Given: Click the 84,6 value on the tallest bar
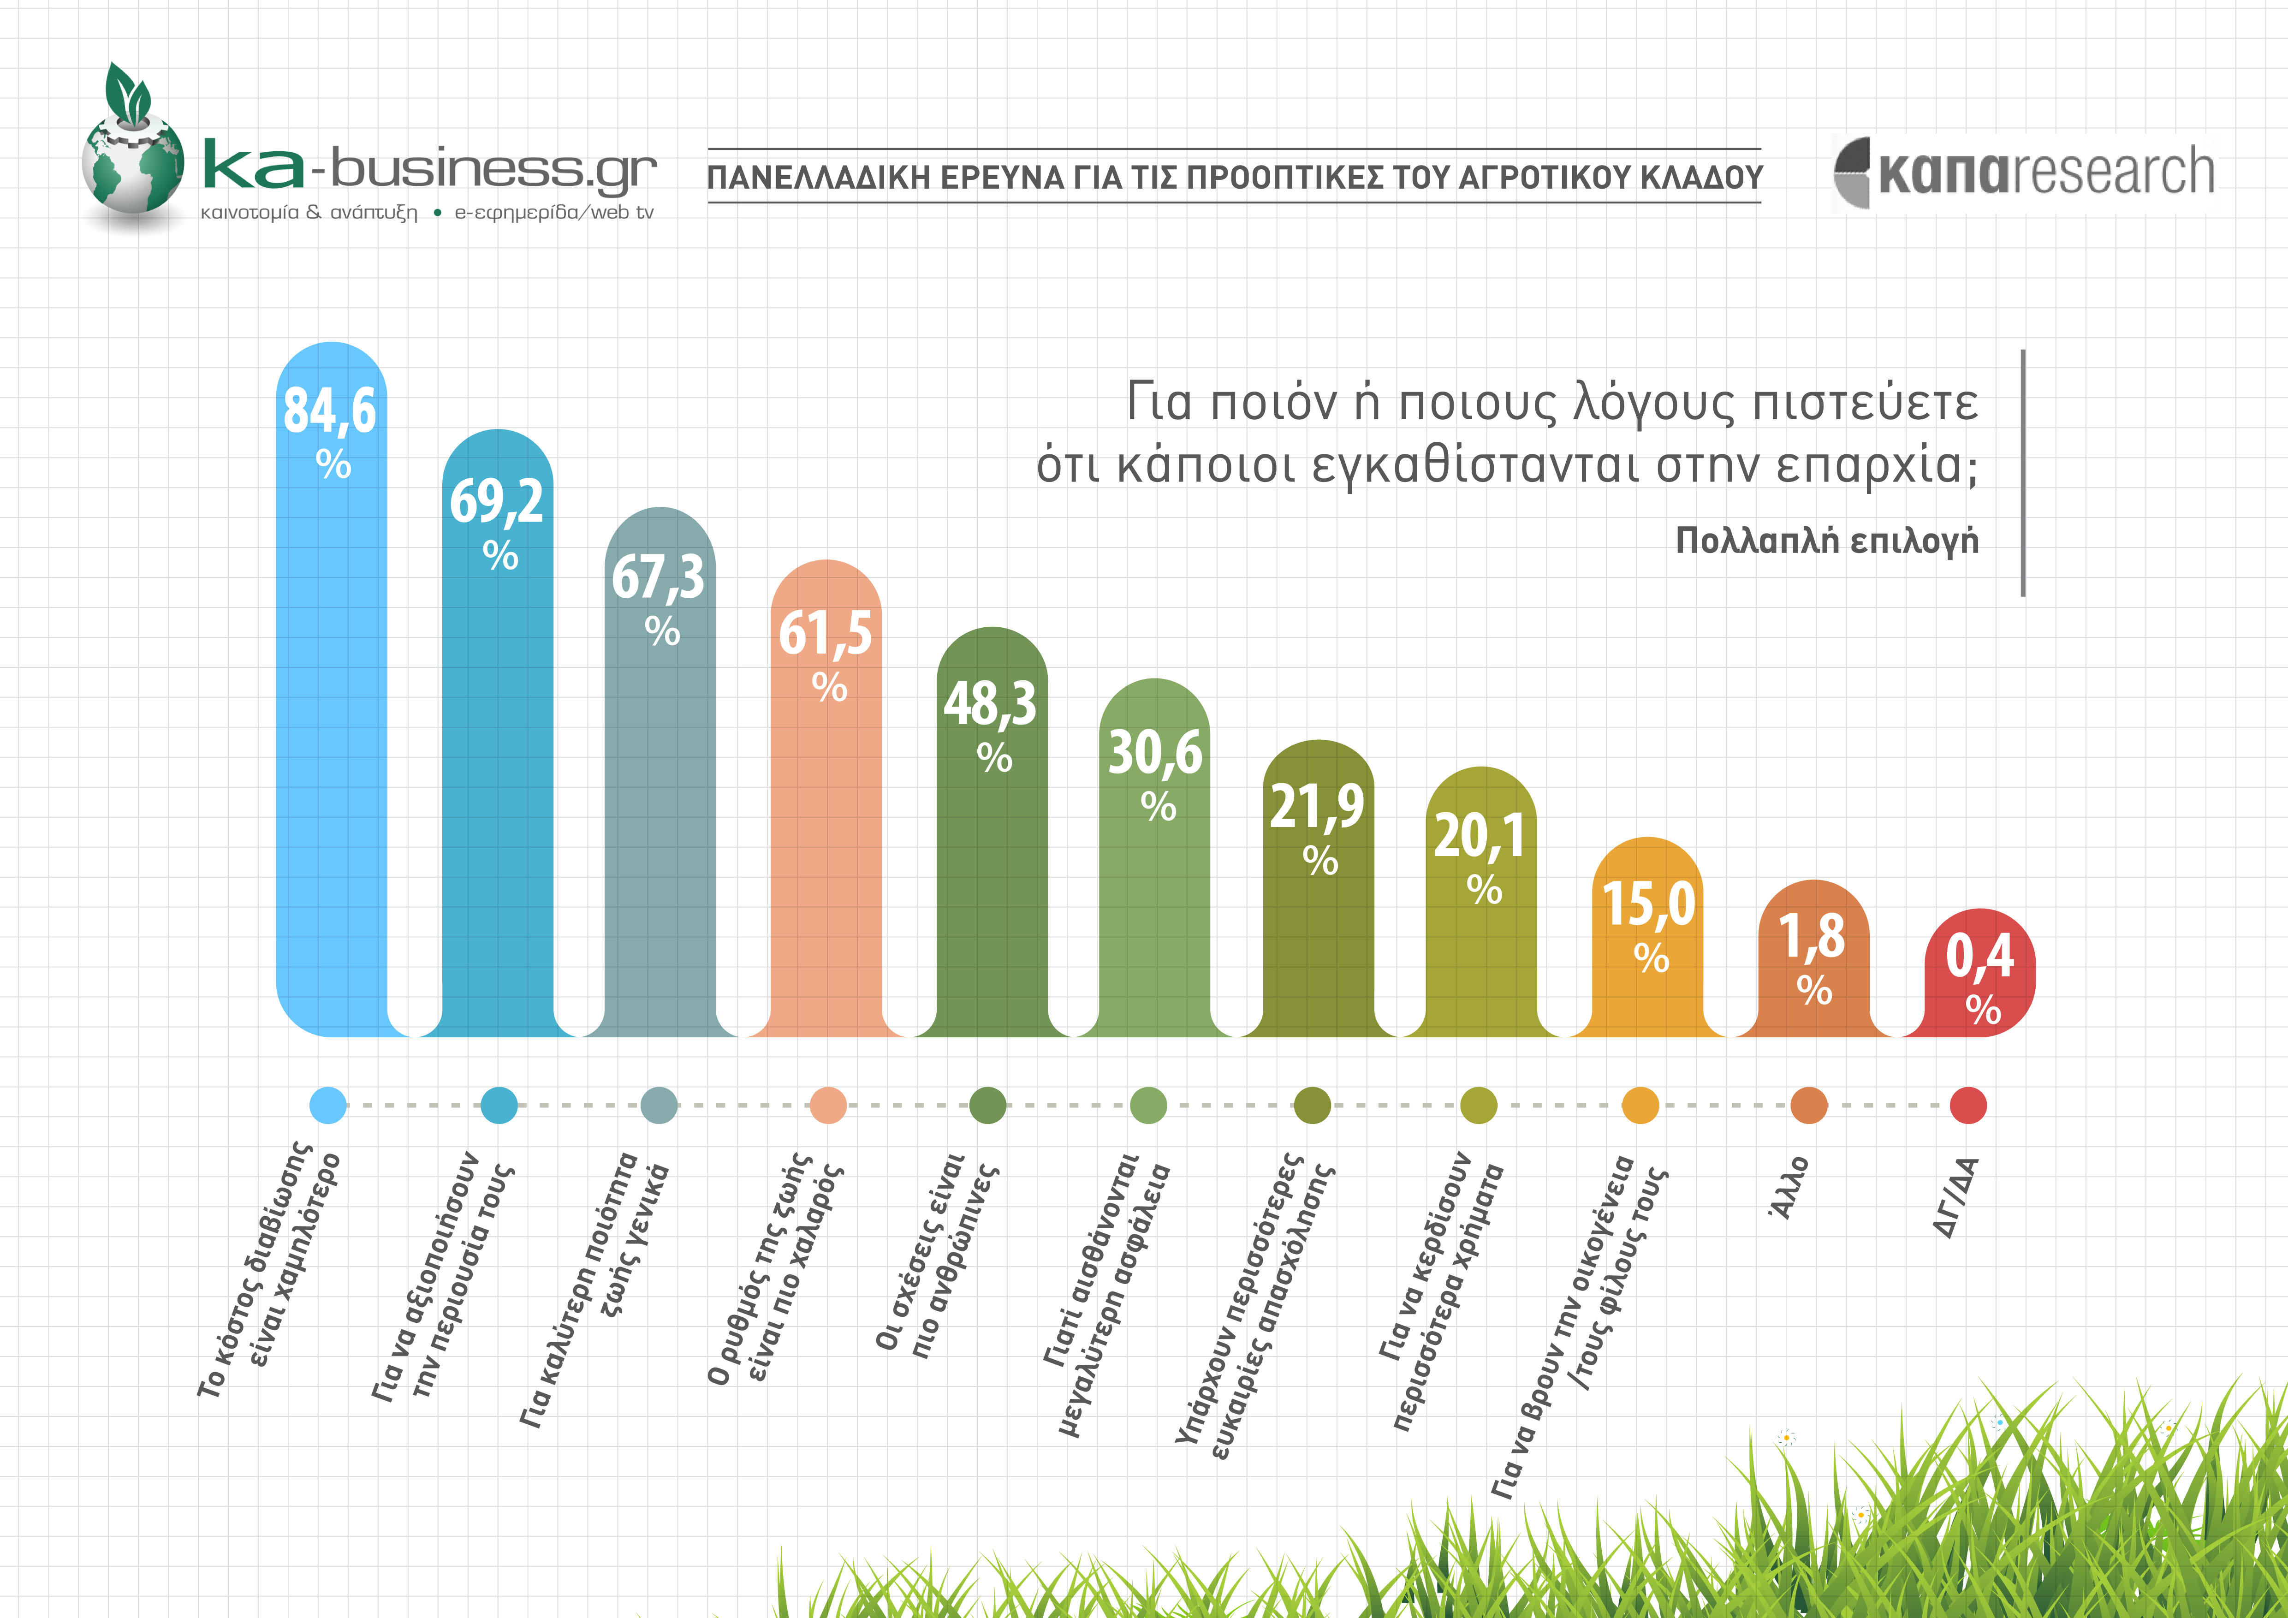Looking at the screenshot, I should (x=330, y=410).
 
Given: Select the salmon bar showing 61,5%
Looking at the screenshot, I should (x=826, y=847).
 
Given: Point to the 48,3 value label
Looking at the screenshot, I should (x=991, y=703).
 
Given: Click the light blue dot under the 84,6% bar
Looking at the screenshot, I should (x=328, y=1105).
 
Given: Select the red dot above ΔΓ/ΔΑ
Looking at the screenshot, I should (x=1967, y=1105).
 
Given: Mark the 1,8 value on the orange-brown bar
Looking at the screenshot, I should (x=1812, y=936).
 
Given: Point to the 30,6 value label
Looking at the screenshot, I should (x=1155, y=752).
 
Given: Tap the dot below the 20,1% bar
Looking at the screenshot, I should (x=1478, y=1105).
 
